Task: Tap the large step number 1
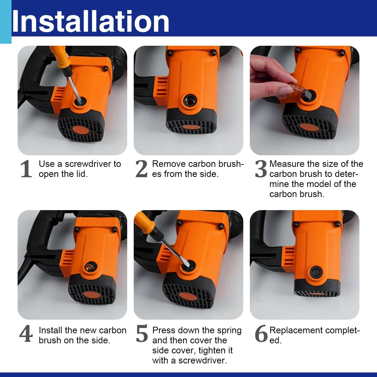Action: point(26,169)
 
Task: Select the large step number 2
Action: point(141,169)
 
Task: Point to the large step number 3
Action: point(261,169)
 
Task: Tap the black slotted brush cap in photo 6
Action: point(316,272)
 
